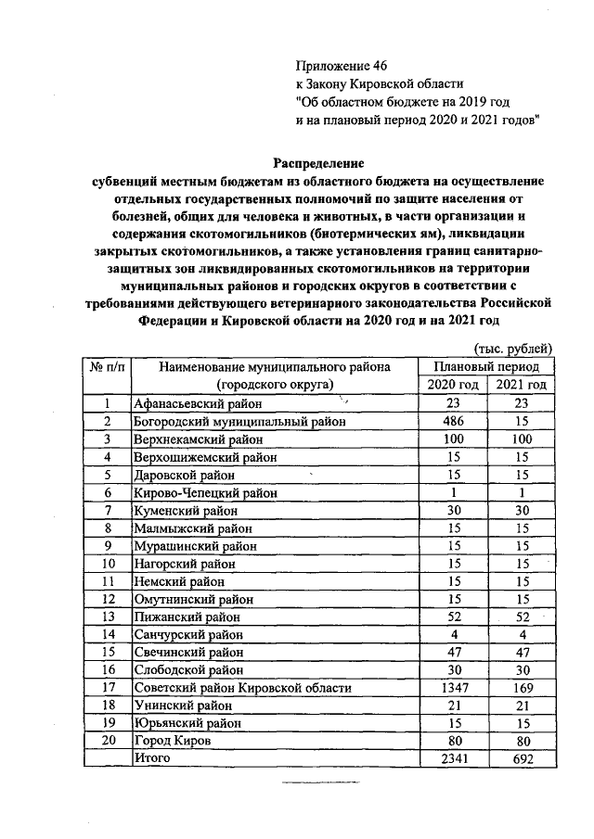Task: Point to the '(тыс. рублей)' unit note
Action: [x=513, y=349]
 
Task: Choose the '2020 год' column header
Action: [x=453, y=384]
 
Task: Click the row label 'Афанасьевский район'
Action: [x=198, y=403]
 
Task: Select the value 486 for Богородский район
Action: [x=453, y=421]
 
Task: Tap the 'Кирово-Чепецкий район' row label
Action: [x=205, y=492]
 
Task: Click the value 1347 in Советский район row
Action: [x=453, y=688]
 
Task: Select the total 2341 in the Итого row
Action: [x=453, y=759]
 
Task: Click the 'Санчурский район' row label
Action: [x=188, y=635]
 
